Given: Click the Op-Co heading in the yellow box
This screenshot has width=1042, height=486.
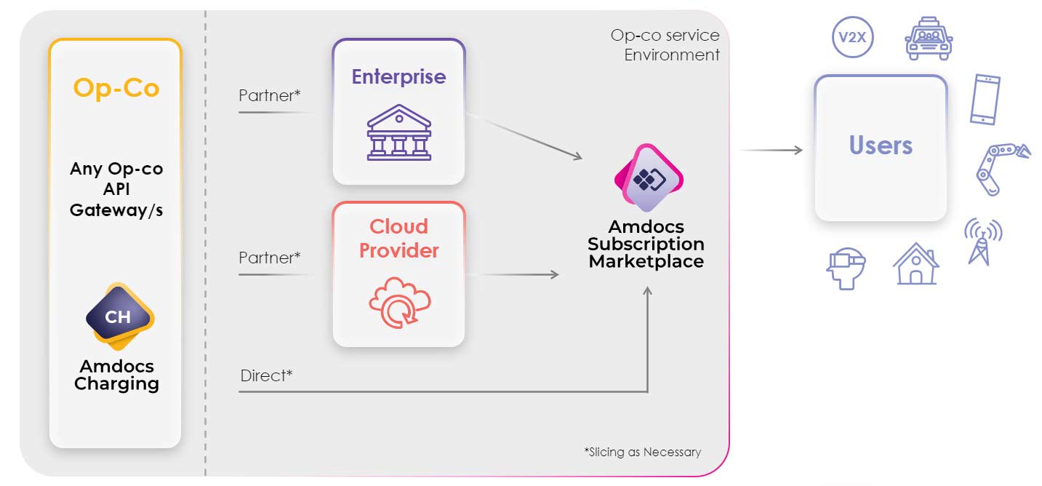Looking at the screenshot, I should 116,88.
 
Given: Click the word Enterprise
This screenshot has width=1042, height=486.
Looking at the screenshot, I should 398,77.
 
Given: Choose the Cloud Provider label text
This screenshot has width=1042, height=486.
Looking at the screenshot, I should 398,239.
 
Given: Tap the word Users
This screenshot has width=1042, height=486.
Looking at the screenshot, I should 881,146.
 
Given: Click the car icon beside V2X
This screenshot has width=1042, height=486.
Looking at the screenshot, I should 928,39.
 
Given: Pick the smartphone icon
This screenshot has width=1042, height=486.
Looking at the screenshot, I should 985,100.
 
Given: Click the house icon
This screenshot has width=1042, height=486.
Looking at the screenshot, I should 915,263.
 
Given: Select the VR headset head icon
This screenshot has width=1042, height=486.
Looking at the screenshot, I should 844,267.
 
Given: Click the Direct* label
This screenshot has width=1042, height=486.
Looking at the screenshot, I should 266,376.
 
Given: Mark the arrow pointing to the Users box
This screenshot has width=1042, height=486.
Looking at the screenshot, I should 771,150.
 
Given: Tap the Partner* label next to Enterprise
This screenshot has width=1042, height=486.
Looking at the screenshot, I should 269,95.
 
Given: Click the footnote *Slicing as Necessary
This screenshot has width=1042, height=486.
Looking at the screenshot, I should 642,452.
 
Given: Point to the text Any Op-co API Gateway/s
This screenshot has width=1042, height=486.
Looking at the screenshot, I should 116,189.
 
